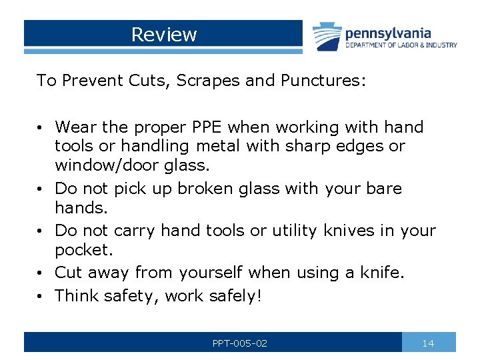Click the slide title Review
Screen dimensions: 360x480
point(164,34)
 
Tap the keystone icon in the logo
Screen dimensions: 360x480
point(327,37)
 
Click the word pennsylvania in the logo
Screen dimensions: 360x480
point(389,33)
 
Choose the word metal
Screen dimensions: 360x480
point(248,145)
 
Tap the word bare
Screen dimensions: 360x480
point(384,189)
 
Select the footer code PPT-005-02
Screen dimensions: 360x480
point(240,343)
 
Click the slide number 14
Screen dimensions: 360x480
point(429,343)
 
